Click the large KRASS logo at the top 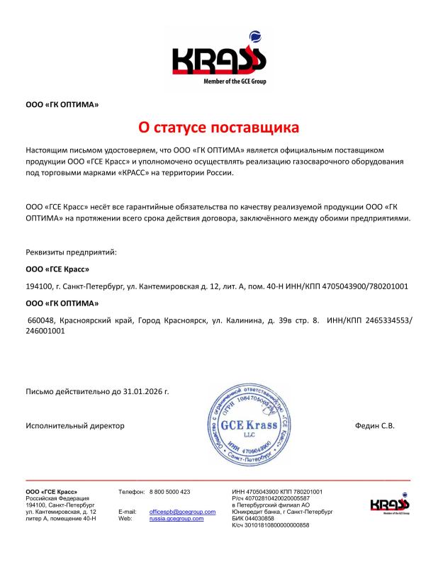pos(219,60)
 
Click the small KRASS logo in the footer pos(390,505)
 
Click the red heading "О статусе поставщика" pos(218,128)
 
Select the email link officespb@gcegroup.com pos(182,511)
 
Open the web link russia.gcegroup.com pos(176,518)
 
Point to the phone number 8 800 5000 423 pos(170,491)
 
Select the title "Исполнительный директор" pos(75,425)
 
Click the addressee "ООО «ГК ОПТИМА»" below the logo pos(62,105)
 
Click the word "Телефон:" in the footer pos(131,491)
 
